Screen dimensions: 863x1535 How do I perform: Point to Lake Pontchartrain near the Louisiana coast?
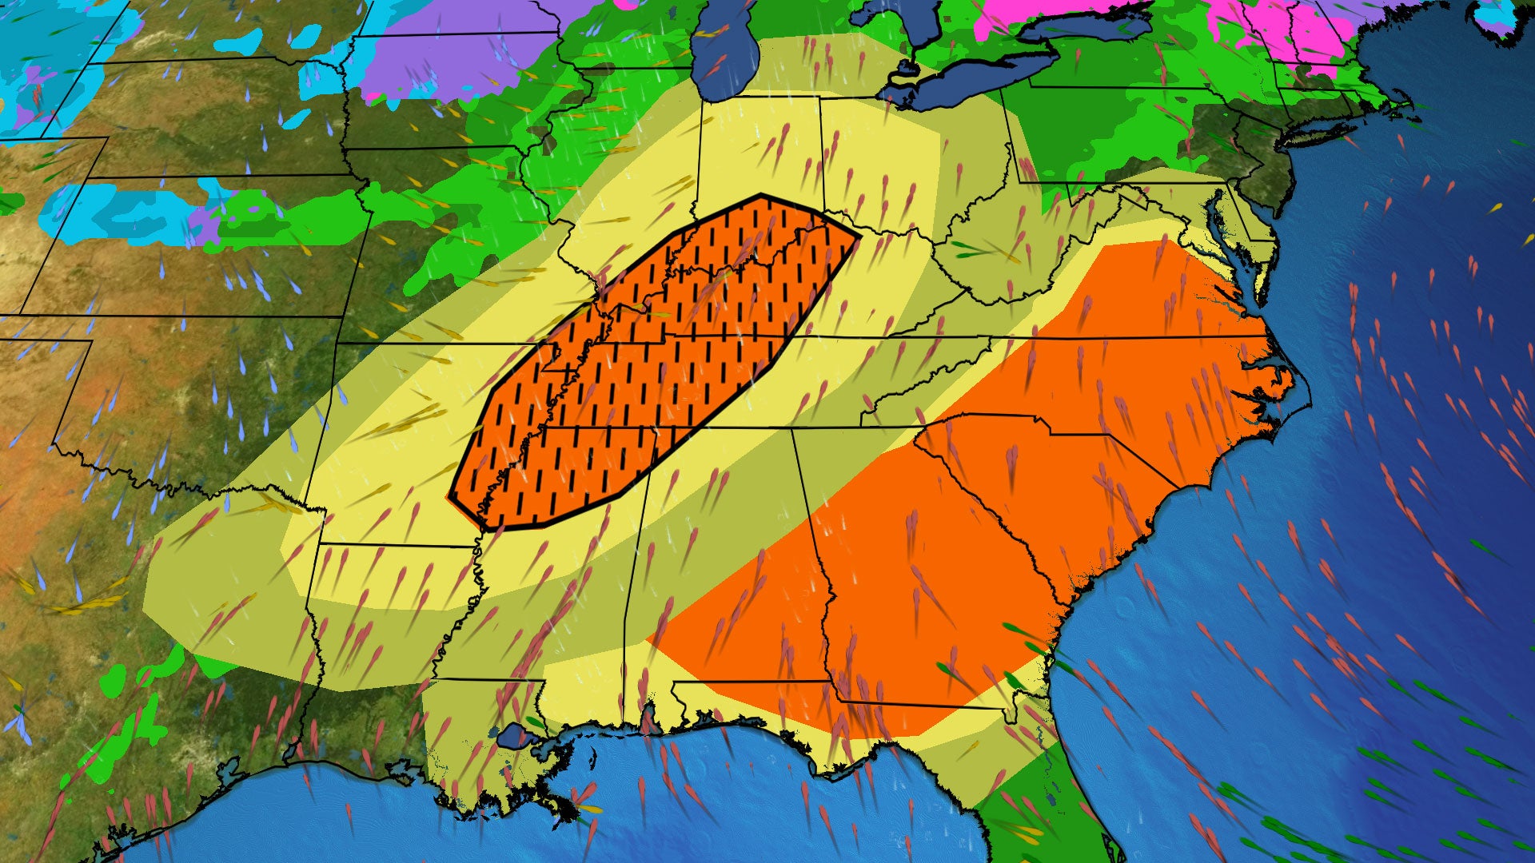[512, 735]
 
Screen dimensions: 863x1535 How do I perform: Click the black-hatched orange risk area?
[656, 360]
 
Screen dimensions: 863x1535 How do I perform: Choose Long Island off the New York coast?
[1343, 120]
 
